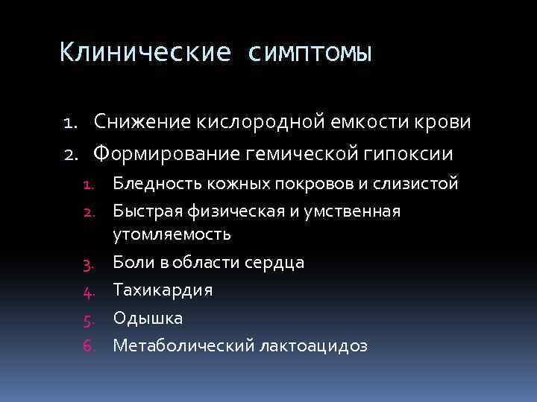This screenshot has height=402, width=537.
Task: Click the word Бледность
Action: pos(153,184)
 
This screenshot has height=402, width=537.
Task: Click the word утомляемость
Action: pos(172,234)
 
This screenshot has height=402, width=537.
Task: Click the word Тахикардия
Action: pos(163,290)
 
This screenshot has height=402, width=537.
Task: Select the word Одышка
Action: pos(148,318)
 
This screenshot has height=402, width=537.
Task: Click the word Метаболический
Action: pos(183,346)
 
